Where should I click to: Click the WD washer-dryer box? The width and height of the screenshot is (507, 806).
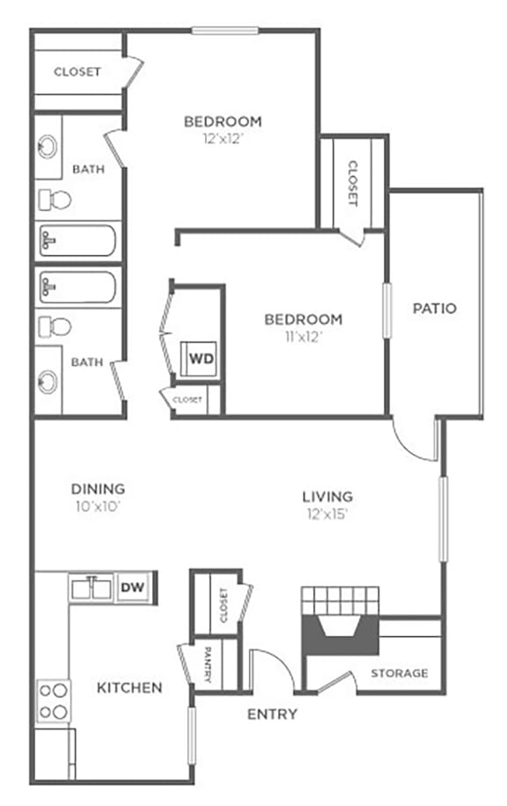201,358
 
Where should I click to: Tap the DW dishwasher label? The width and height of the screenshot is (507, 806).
132,587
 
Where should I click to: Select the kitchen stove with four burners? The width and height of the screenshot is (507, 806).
52,700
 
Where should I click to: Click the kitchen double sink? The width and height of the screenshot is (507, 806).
92,587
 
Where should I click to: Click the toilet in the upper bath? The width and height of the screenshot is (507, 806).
55,201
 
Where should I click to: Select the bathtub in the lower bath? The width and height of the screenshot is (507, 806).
77,287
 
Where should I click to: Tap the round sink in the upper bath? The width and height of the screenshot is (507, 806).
48,146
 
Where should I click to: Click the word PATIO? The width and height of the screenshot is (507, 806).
435,309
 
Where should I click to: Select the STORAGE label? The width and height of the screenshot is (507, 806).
399,673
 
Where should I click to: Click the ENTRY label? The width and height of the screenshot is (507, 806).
272,714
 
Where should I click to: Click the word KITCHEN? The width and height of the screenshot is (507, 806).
129,687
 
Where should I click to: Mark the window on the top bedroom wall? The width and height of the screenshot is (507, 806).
225,32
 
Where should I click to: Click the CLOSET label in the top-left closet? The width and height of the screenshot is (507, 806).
77,72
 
